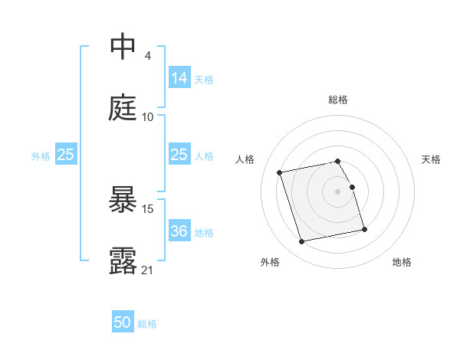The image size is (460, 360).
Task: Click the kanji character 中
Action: click(123, 47)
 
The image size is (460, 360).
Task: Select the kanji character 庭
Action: click(123, 109)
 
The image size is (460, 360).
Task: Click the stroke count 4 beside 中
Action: click(147, 56)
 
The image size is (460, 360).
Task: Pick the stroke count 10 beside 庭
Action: click(148, 117)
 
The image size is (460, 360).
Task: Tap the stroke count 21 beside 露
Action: click(148, 270)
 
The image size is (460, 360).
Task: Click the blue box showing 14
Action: click(179, 77)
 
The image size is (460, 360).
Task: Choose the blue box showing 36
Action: click(179, 231)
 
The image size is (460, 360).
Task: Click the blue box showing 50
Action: click(122, 322)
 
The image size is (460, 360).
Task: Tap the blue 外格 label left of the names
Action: click(41, 155)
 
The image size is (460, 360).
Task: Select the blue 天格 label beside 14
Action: click(204, 79)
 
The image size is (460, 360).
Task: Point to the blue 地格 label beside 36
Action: click(204, 232)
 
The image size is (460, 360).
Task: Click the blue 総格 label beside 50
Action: click(147, 324)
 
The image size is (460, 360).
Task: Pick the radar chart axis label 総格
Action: click(338, 100)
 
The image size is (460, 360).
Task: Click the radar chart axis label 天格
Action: click(431, 159)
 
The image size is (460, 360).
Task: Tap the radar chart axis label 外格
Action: click(270, 262)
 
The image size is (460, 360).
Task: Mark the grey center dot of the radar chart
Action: click(338, 191)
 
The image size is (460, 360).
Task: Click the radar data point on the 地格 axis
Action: click(364, 229)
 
